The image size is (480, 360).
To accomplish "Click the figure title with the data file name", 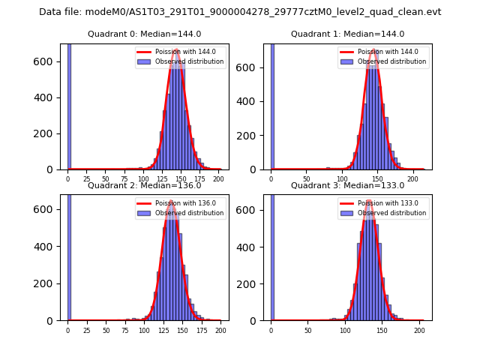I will click(240, 12).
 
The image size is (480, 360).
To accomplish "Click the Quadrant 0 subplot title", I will click(144, 34).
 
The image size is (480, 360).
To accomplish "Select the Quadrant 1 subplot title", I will click(347, 34).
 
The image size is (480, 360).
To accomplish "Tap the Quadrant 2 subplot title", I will click(144, 185).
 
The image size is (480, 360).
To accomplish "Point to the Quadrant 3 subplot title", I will click(347, 185).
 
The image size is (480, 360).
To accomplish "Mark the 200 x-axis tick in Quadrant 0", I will click(217, 179).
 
